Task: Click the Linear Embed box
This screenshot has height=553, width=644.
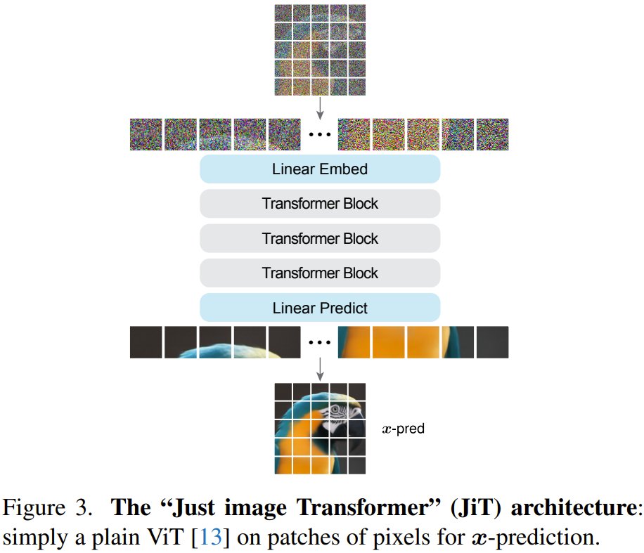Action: click(x=320, y=169)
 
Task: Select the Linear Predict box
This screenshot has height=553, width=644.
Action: click(x=320, y=308)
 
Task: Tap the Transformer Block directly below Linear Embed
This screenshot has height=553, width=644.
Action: click(x=320, y=204)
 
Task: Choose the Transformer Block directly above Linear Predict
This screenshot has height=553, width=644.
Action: click(x=320, y=273)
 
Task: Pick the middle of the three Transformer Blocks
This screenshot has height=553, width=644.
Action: click(x=320, y=238)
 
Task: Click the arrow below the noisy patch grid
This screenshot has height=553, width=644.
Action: click(x=320, y=107)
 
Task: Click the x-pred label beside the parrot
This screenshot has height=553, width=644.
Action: click(x=403, y=428)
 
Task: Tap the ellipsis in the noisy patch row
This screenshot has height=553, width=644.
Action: click(x=320, y=134)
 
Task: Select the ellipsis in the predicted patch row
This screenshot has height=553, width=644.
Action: click(x=320, y=343)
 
